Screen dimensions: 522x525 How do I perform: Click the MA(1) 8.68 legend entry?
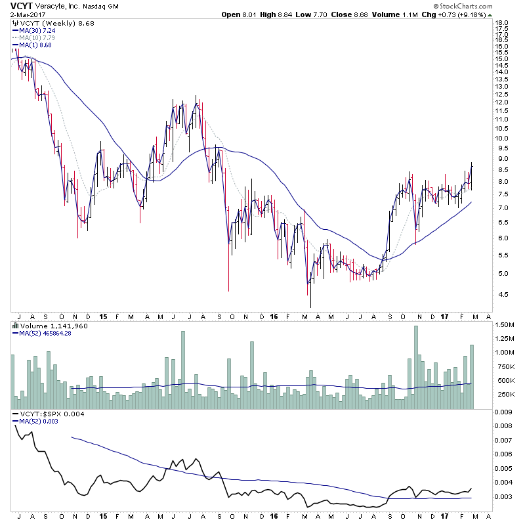tap(36, 45)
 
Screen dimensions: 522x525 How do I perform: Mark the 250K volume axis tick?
tap(504, 394)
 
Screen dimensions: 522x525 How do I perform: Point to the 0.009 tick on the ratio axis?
tap(503, 412)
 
